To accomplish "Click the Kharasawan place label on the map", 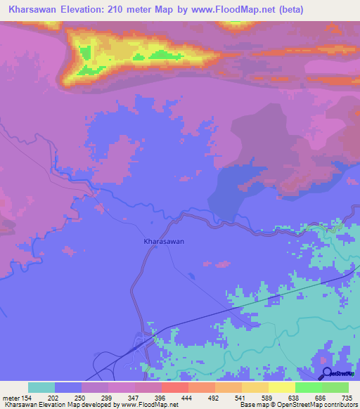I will (164, 241).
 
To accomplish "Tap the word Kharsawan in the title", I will (32, 10).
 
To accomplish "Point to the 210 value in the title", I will (124, 10).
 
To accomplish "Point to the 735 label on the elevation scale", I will (345, 397).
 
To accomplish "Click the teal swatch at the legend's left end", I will (41, 387).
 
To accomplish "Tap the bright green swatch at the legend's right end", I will (335, 387).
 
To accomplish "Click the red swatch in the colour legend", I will (174, 387).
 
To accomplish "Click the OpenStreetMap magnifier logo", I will (327, 372).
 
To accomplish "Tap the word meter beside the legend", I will (11, 397).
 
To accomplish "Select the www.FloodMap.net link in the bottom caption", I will (149, 405).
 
